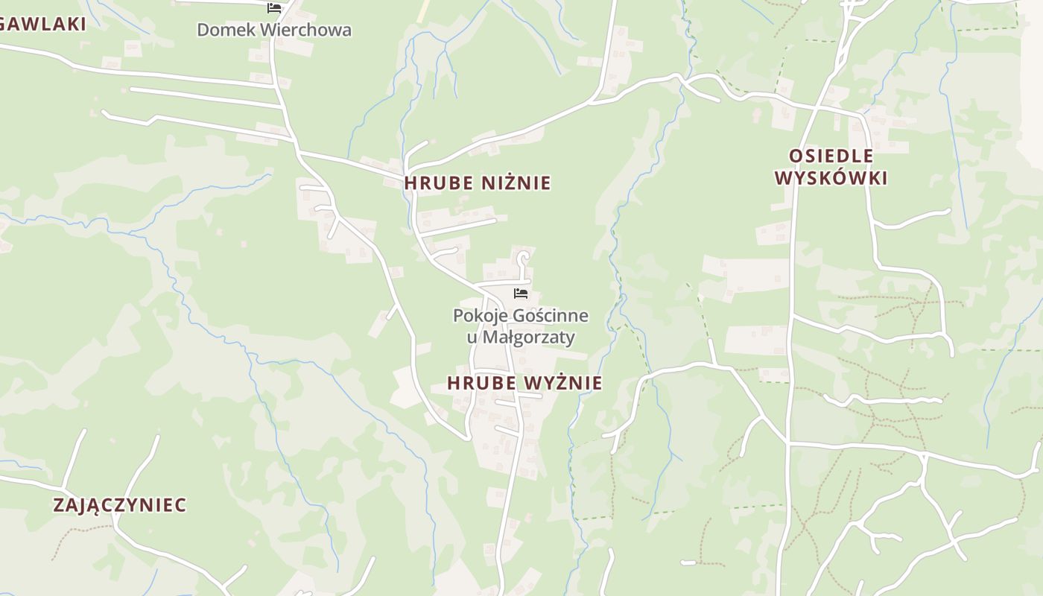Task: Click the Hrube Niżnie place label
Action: pyautogui.click(x=478, y=183)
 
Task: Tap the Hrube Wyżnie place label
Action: pyautogui.click(x=524, y=384)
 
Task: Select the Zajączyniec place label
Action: pyautogui.click(x=120, y=505)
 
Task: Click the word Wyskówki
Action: pyautogui.click(x=831, y=179)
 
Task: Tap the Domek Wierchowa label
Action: pyautogui.click(x=273, y=31)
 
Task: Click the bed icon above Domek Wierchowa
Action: pyautogui.click(x=274, y=8)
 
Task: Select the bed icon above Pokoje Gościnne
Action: pyautogui.click(x=521, y=294)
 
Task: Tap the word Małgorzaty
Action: pyautogui.click(x=529, y=337)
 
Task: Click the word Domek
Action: pyautogui.click(x=223, y=31)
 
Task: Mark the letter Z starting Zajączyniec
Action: pyautogui.click(x=59, y=505)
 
